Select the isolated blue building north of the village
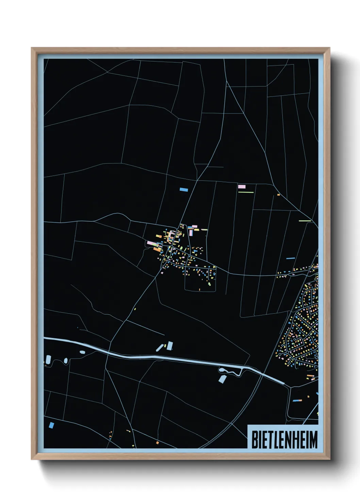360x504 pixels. click(184, 189)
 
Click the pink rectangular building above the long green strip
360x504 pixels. click(242, 187)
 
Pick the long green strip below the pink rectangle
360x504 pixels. click(246, 192)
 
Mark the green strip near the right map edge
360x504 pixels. click(305, 221)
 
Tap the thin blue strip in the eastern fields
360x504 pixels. click(290, 258)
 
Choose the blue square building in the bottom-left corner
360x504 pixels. click(51, 425)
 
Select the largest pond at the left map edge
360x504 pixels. click(48, 359)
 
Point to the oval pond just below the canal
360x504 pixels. click(82, 352)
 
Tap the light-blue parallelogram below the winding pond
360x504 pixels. click(222, 379)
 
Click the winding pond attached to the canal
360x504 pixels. click(231, 371)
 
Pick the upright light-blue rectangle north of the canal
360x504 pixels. click(170, 346)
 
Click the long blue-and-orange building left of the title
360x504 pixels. click(297, 400)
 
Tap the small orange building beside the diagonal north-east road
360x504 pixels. click(278, 195)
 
